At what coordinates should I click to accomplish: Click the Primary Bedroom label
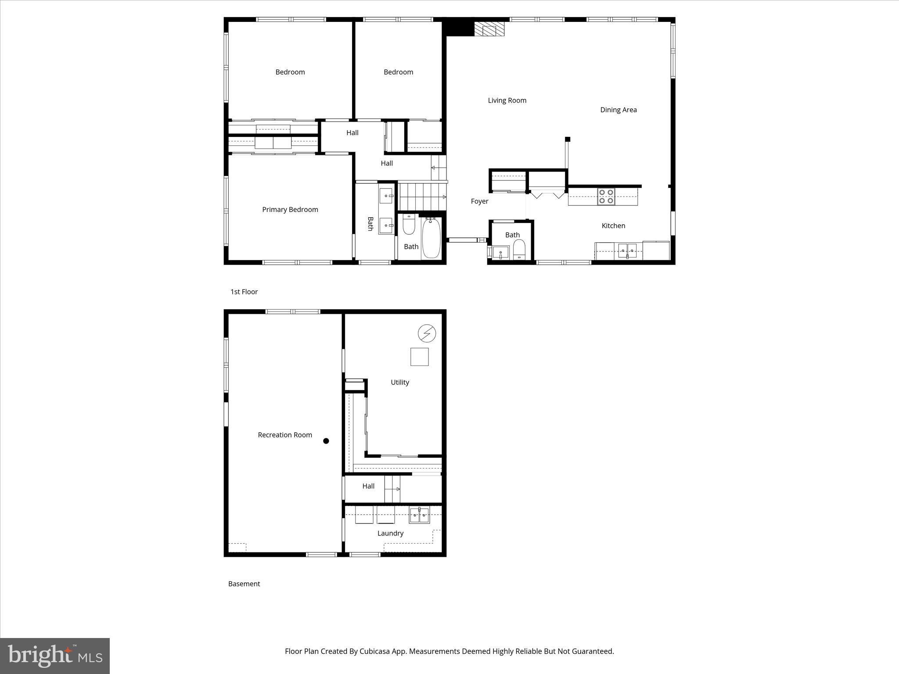tap(290, 210)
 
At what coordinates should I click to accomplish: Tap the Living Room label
tap(507, 100)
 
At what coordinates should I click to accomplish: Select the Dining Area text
tap(618, 110)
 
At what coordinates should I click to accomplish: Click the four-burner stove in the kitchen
tap(606, 197)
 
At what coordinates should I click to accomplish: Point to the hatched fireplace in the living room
tap(490, 30)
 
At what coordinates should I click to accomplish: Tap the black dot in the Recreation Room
tap(326, 441)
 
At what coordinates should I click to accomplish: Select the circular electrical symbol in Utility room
tap(426, 333)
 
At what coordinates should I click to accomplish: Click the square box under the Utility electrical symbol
tap(419, 357)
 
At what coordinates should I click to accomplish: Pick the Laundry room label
tap(390, 533)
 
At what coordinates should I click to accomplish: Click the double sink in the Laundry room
tap(419, 515)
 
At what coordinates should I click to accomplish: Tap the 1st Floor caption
tap(244, 292)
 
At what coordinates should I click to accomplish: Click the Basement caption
tap(244, 584)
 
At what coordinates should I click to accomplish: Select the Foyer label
tap(479, 201)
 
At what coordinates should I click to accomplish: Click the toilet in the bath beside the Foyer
tap(519, 250)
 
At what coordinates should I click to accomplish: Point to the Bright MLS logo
tap(55, 656)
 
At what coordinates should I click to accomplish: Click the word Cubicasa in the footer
tap(376, 651)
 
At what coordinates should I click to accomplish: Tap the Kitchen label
tap(613, 226)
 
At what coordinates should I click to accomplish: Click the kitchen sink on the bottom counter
tap(627, 251)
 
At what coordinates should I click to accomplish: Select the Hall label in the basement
tap(368, 486)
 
